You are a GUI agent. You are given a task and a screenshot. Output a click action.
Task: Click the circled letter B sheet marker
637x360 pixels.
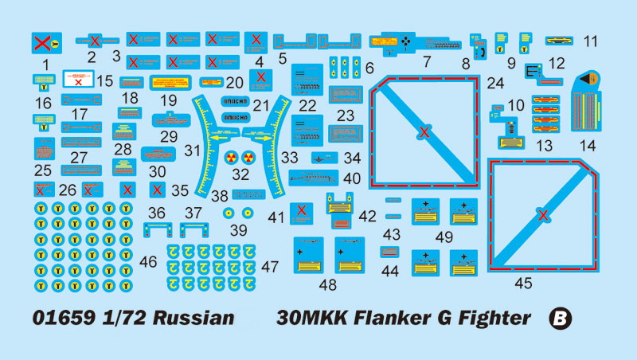tap(561, 319)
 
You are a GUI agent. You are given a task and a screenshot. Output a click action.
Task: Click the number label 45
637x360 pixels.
tap(523, 283)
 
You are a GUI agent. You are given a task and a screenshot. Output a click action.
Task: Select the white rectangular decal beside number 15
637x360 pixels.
tap(78, 79)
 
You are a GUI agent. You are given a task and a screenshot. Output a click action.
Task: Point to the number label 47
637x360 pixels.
tap(270, 268)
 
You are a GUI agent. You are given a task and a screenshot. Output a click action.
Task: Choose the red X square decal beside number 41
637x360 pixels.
tap(300, 211)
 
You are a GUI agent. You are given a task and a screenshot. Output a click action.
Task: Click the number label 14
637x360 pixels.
tap(588, 146)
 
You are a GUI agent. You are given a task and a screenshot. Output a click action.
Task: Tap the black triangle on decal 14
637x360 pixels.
tap(587, 79)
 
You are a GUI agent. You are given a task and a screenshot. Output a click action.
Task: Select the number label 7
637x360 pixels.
tap(427, 61)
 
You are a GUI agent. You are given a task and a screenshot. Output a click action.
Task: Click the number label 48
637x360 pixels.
tap(326, 284)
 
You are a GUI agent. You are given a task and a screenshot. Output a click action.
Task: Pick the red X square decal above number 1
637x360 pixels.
tap(45, 42)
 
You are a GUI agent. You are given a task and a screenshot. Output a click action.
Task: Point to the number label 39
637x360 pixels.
tap(238, 230)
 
